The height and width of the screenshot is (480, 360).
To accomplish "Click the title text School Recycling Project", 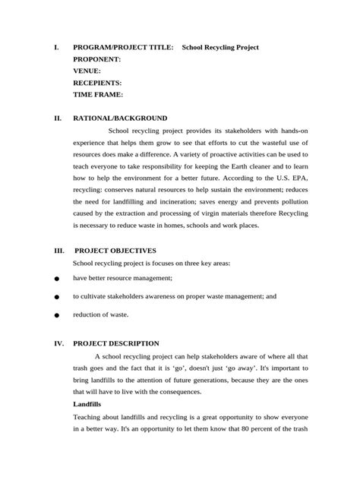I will click(220, 47).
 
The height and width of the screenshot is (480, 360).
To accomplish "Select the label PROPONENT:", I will click(96, 58).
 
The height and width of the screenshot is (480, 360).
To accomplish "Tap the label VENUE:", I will click(87, 71).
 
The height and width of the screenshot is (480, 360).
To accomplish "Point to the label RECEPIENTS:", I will click(97, 83).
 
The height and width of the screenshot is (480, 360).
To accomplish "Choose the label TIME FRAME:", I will click(97, 95).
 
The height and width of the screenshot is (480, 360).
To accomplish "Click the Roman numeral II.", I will click(58, 118).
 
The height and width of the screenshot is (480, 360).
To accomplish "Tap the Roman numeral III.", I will click(58, 250).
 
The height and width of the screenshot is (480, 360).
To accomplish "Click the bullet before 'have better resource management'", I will click(57, 279).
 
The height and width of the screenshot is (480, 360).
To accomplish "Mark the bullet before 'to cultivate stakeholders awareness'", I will click(57, 297).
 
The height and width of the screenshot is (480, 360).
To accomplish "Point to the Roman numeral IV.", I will click(58, 343).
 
